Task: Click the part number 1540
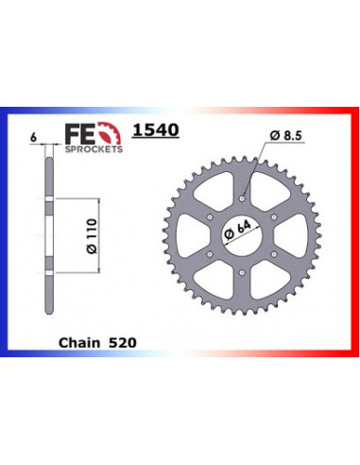(156, 129)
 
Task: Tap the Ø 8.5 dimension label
(285, 136)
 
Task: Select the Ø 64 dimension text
(238, 231)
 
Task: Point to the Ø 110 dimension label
(92, 236)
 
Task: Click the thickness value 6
(33, 137)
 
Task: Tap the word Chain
(79, 342)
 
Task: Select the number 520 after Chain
(123, 342)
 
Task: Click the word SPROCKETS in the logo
(94, 149)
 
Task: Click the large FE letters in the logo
(79, 133)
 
